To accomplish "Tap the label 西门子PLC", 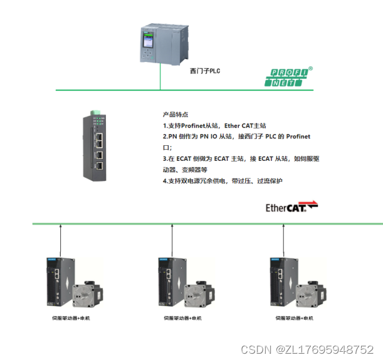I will point(205,71).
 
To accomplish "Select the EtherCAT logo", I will point(292,207).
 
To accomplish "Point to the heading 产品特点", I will point(171,115).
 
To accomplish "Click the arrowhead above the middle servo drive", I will point(172,228).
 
